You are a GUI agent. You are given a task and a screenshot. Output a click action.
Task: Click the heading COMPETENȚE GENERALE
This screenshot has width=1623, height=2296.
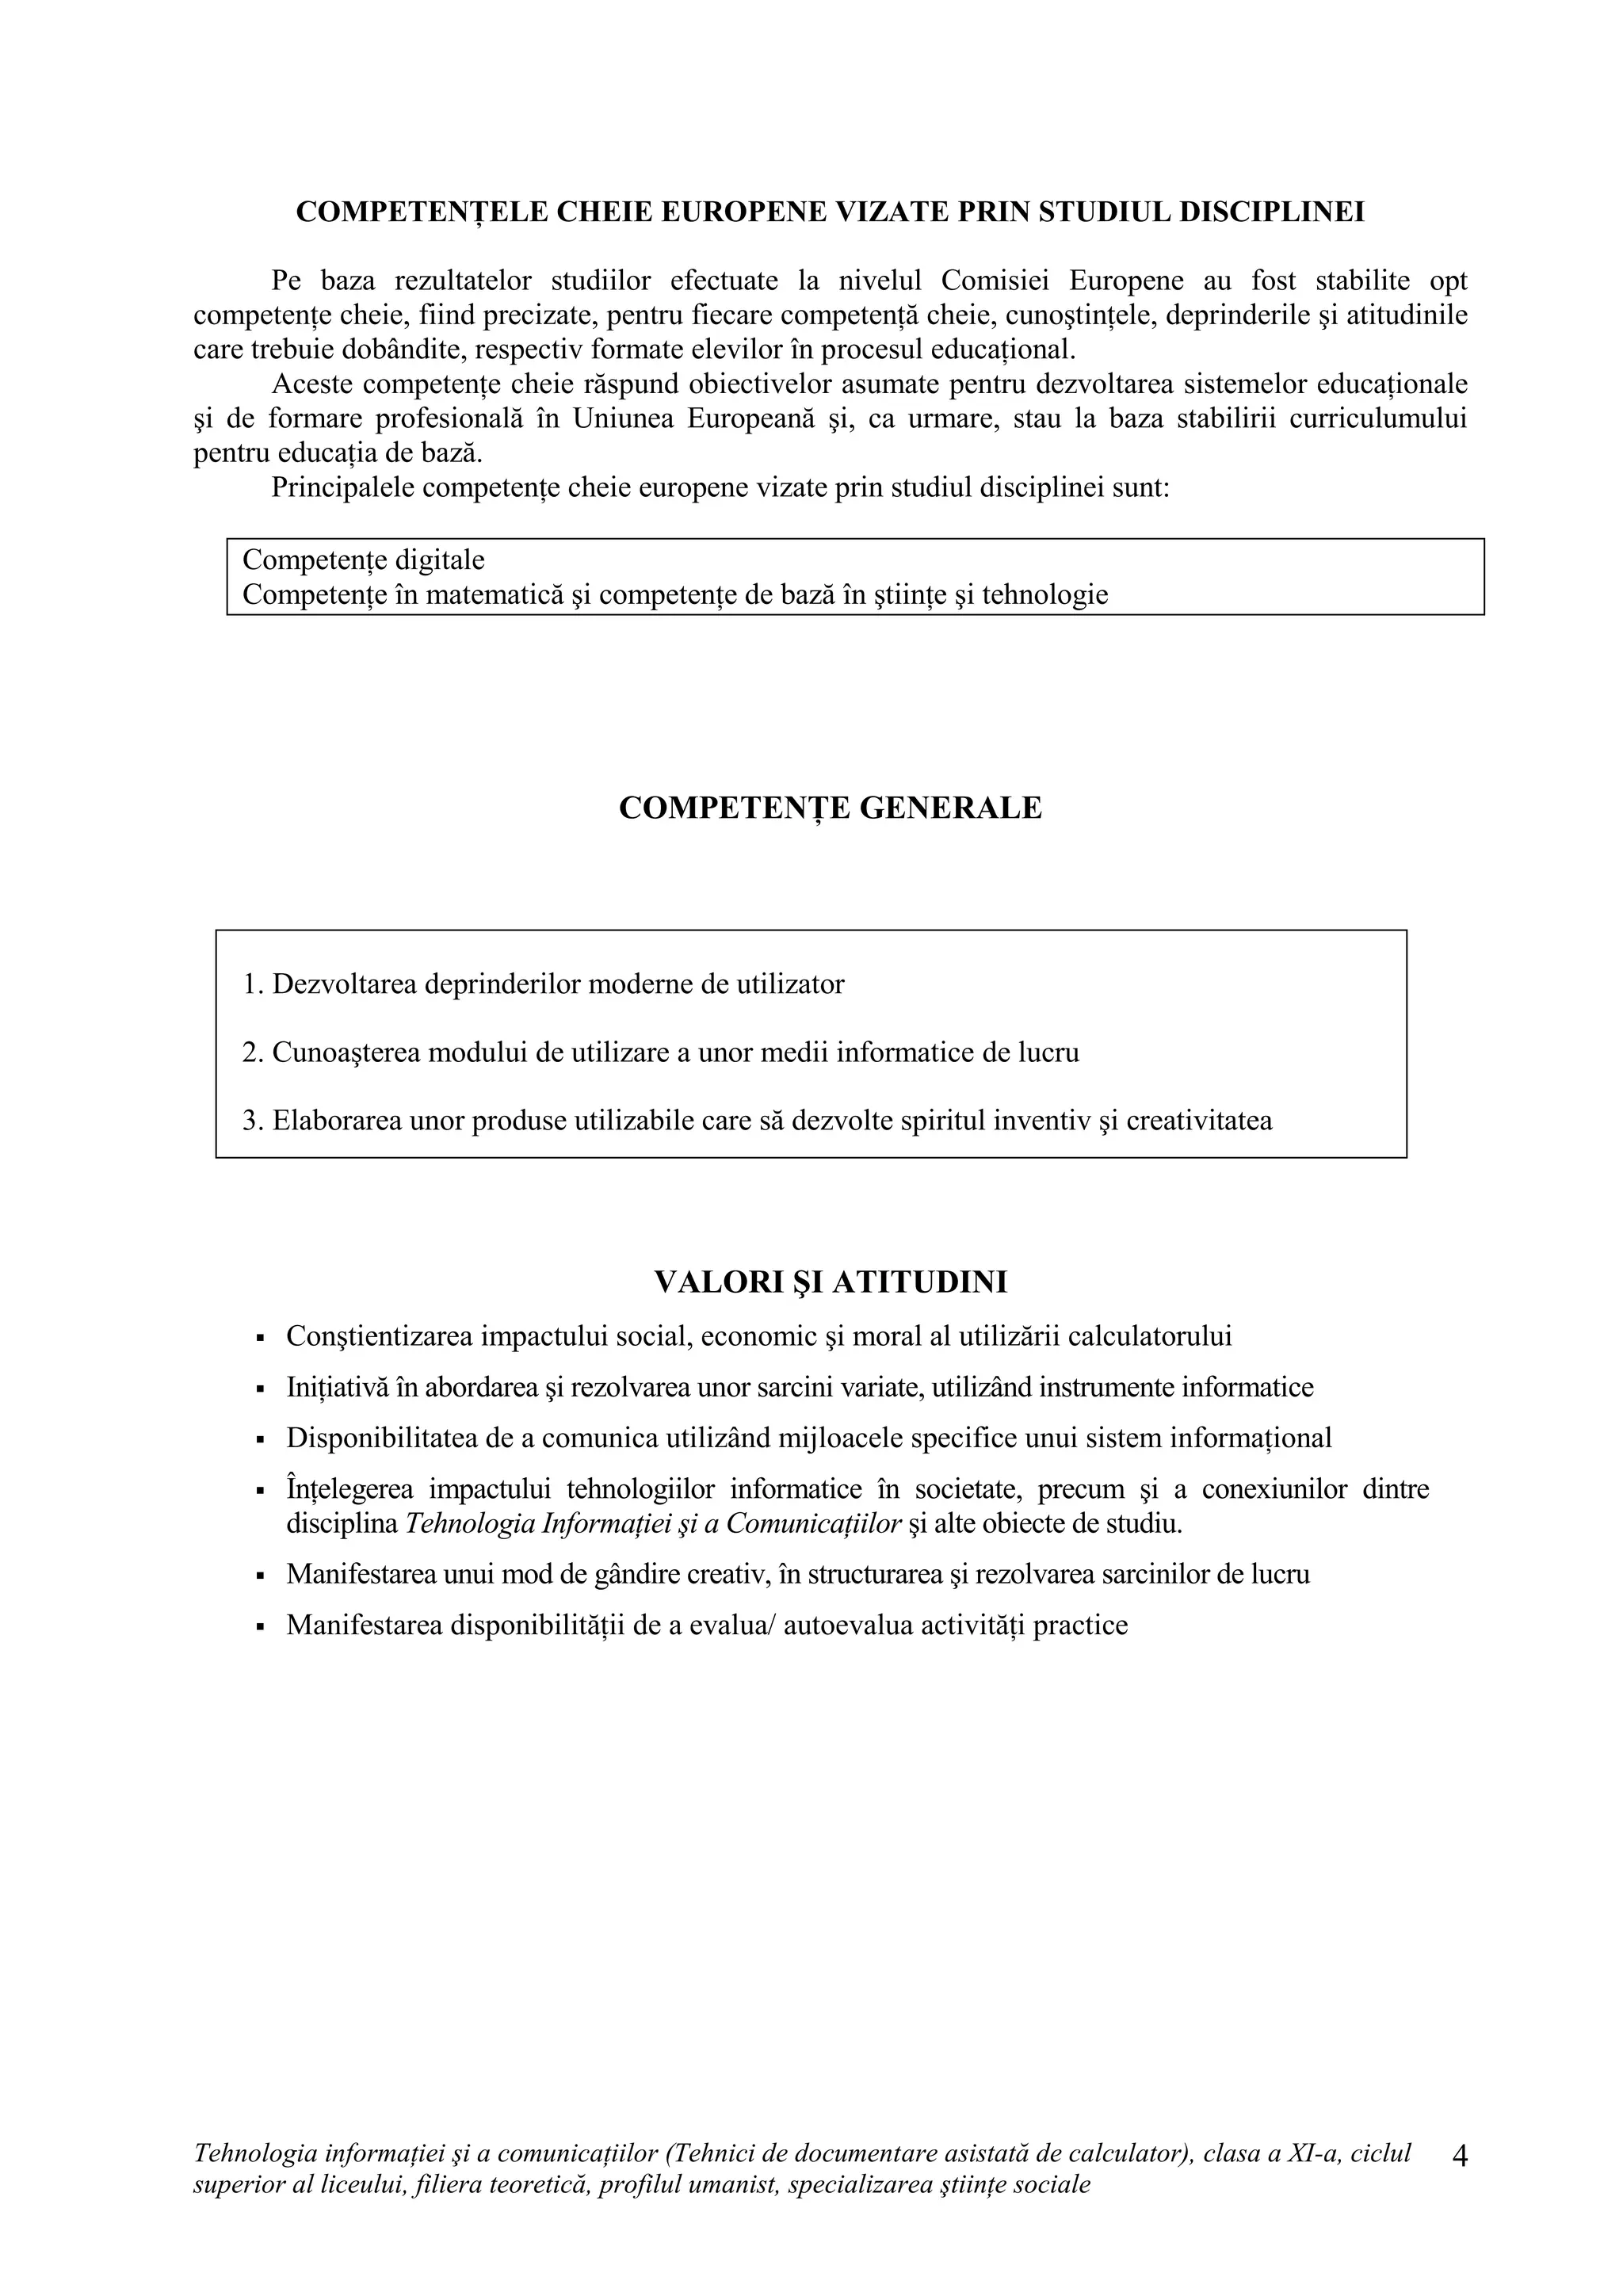[x=830, y=808]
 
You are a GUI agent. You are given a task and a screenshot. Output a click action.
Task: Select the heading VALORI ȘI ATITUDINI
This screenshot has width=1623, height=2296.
[x=830, y=1282]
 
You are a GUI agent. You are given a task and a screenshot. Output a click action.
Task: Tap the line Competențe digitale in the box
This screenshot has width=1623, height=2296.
[x=363, y=560]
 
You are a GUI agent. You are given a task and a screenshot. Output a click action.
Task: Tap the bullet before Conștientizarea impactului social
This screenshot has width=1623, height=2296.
[x=260, y=1338]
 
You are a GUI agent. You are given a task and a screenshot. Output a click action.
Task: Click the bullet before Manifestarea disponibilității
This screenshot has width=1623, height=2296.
[x=260, y=1627]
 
